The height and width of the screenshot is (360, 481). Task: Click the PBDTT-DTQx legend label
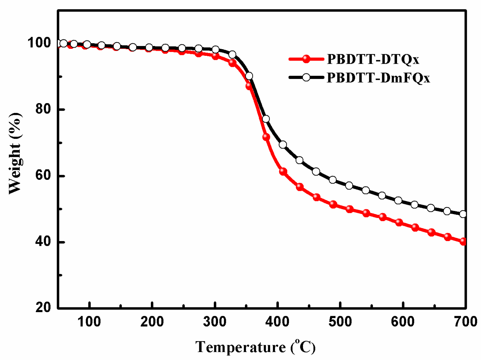click(x=373, y=59)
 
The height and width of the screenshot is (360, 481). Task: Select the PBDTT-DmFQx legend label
click(x=378, y=78)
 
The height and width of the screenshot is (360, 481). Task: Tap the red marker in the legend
click(x=306, y=59)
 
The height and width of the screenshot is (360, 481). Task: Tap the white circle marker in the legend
click(x=306, y=77)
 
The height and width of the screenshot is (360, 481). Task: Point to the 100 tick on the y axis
click(x=39, y=43)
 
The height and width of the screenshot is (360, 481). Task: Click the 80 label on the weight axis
click(x=43, y=109)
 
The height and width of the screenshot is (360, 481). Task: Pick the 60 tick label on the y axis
click(x=43, y=175)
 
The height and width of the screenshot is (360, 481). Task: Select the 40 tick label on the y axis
click(x=43, y=242)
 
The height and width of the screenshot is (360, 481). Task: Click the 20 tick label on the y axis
click(x=43, y=307)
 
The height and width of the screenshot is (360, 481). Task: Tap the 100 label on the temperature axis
click(x=89, y=322)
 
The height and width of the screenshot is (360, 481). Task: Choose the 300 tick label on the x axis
click(x=215, y=322)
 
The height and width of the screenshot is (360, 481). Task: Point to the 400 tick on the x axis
click(x=278, y=322)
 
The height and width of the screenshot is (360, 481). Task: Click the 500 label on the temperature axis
click(x=340, y=322)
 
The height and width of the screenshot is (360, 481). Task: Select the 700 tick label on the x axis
click(x=465, y=322)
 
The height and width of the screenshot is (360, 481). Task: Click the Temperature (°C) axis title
click(x=255, y=347)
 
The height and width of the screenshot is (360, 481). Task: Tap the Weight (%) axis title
click(x=15, y=153)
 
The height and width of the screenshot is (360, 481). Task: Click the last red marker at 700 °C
click(x=463, y=241)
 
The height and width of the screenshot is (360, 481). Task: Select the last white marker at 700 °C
click(x=463, y=214)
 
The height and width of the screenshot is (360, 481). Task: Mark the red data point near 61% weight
click(x=283, y=172)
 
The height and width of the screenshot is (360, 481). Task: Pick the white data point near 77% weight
click(x=266, y=119)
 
